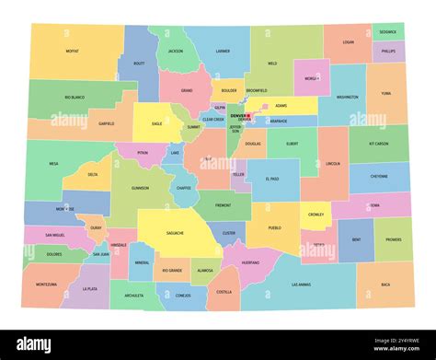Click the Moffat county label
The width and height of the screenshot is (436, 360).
click(72, 52)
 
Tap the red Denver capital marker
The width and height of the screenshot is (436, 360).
click(247, 115)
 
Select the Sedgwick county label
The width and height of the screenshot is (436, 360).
click(388, 31)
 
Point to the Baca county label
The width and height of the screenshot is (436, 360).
click(385, 285)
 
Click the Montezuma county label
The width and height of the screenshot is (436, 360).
click(46, 285)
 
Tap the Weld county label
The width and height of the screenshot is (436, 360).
click(272, 64)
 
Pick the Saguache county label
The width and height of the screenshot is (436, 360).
click(175, 233)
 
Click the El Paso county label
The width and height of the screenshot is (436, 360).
click(272, 178)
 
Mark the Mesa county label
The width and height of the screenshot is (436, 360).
click(53, 164)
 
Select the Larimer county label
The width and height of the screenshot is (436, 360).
click(223, 52)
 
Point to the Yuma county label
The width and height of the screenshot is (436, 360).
click(386, 93)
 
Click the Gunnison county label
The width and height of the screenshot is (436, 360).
click(140, 187)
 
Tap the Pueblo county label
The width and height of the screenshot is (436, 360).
click(274, 227)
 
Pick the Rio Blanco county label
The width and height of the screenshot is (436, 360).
click(75, 97)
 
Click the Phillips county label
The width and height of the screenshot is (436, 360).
click(388, 52)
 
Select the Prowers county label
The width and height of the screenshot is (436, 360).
click(394, 239)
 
